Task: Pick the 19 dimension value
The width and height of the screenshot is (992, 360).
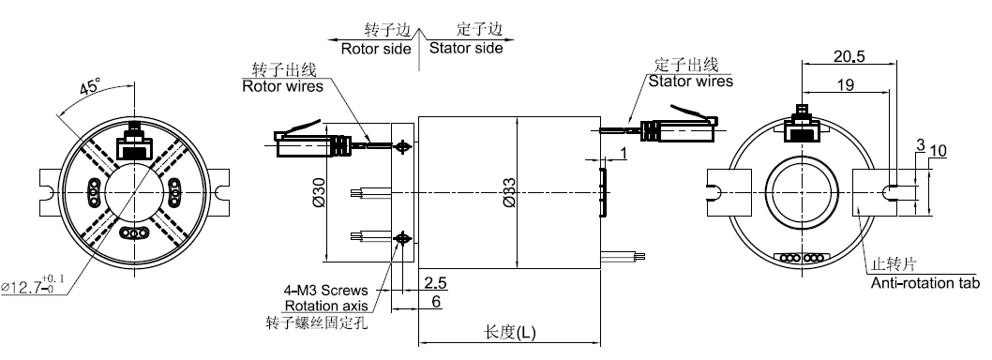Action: pos(845,84)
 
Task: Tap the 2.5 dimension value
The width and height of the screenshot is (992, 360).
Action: pos(435,283)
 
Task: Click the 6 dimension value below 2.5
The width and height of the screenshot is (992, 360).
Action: pos(435,303)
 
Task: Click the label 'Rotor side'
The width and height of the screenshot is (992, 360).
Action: pos(376,49)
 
